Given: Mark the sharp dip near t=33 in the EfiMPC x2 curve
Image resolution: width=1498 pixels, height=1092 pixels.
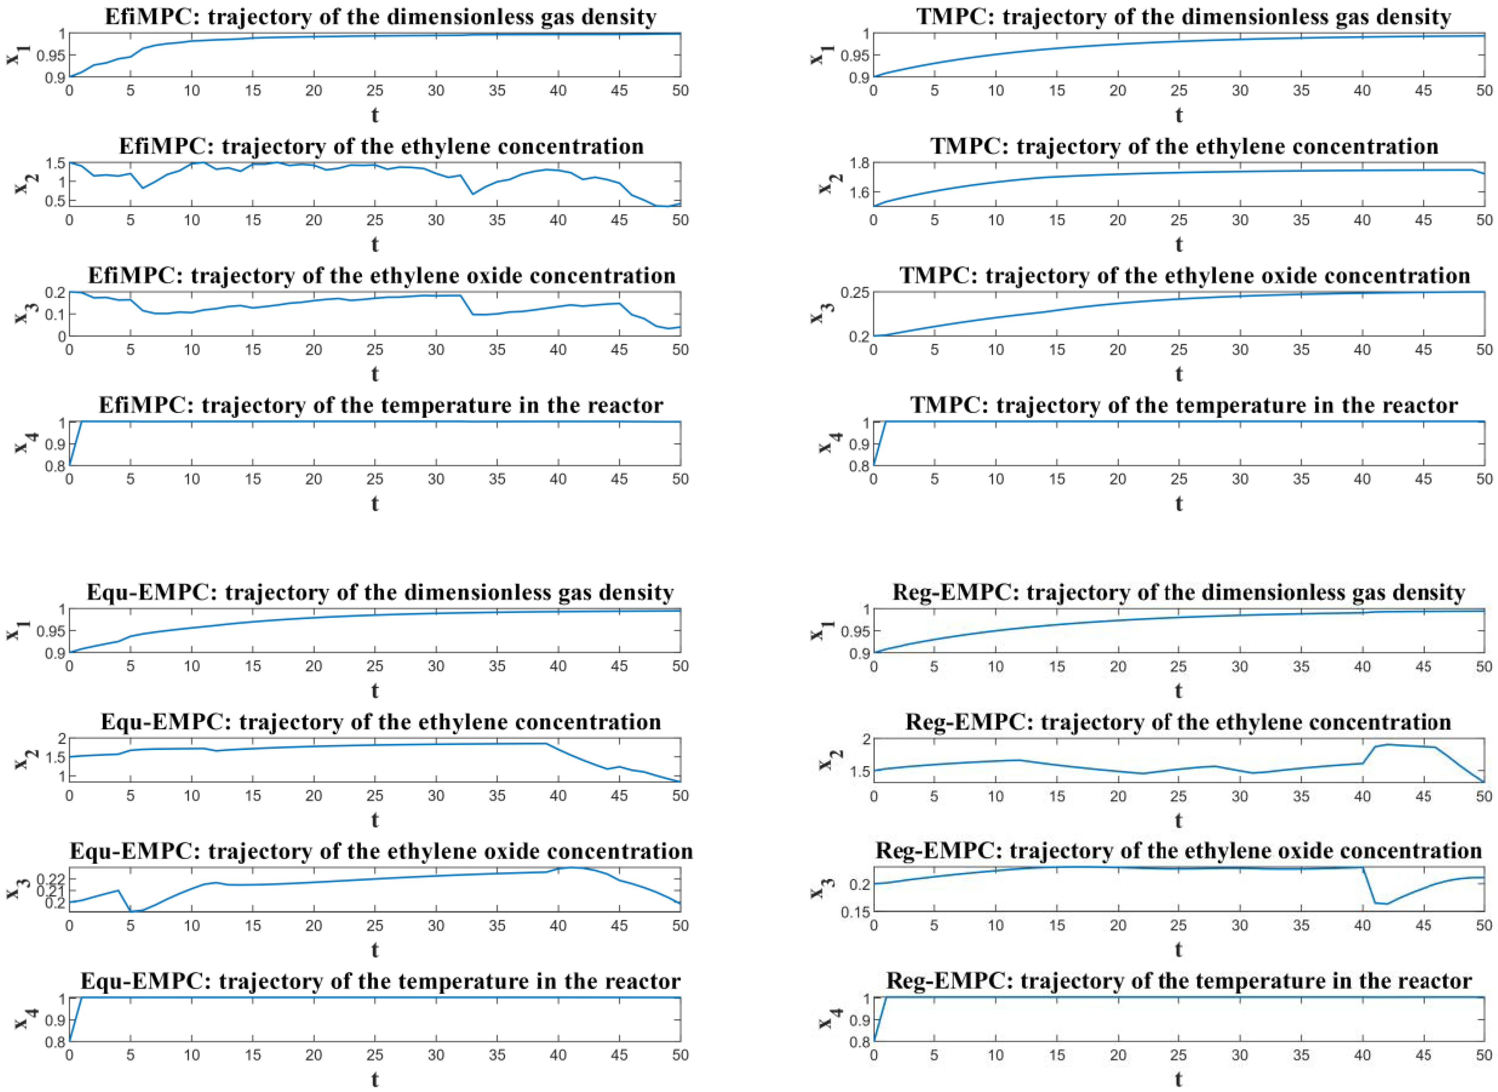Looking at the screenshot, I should coord(473,194).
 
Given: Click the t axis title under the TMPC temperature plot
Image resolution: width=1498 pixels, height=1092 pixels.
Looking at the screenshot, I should coord(1179,504).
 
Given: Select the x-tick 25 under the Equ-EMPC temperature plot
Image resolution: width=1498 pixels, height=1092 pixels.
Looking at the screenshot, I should coord(375,1055).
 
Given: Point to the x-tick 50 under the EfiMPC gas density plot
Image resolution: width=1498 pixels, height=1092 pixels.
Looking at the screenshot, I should coord(680,90).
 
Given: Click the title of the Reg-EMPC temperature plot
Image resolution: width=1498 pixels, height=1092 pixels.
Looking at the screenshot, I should coord(1179,981).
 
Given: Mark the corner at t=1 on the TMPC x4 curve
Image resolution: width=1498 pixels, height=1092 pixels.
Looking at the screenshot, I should coord(886,422).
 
